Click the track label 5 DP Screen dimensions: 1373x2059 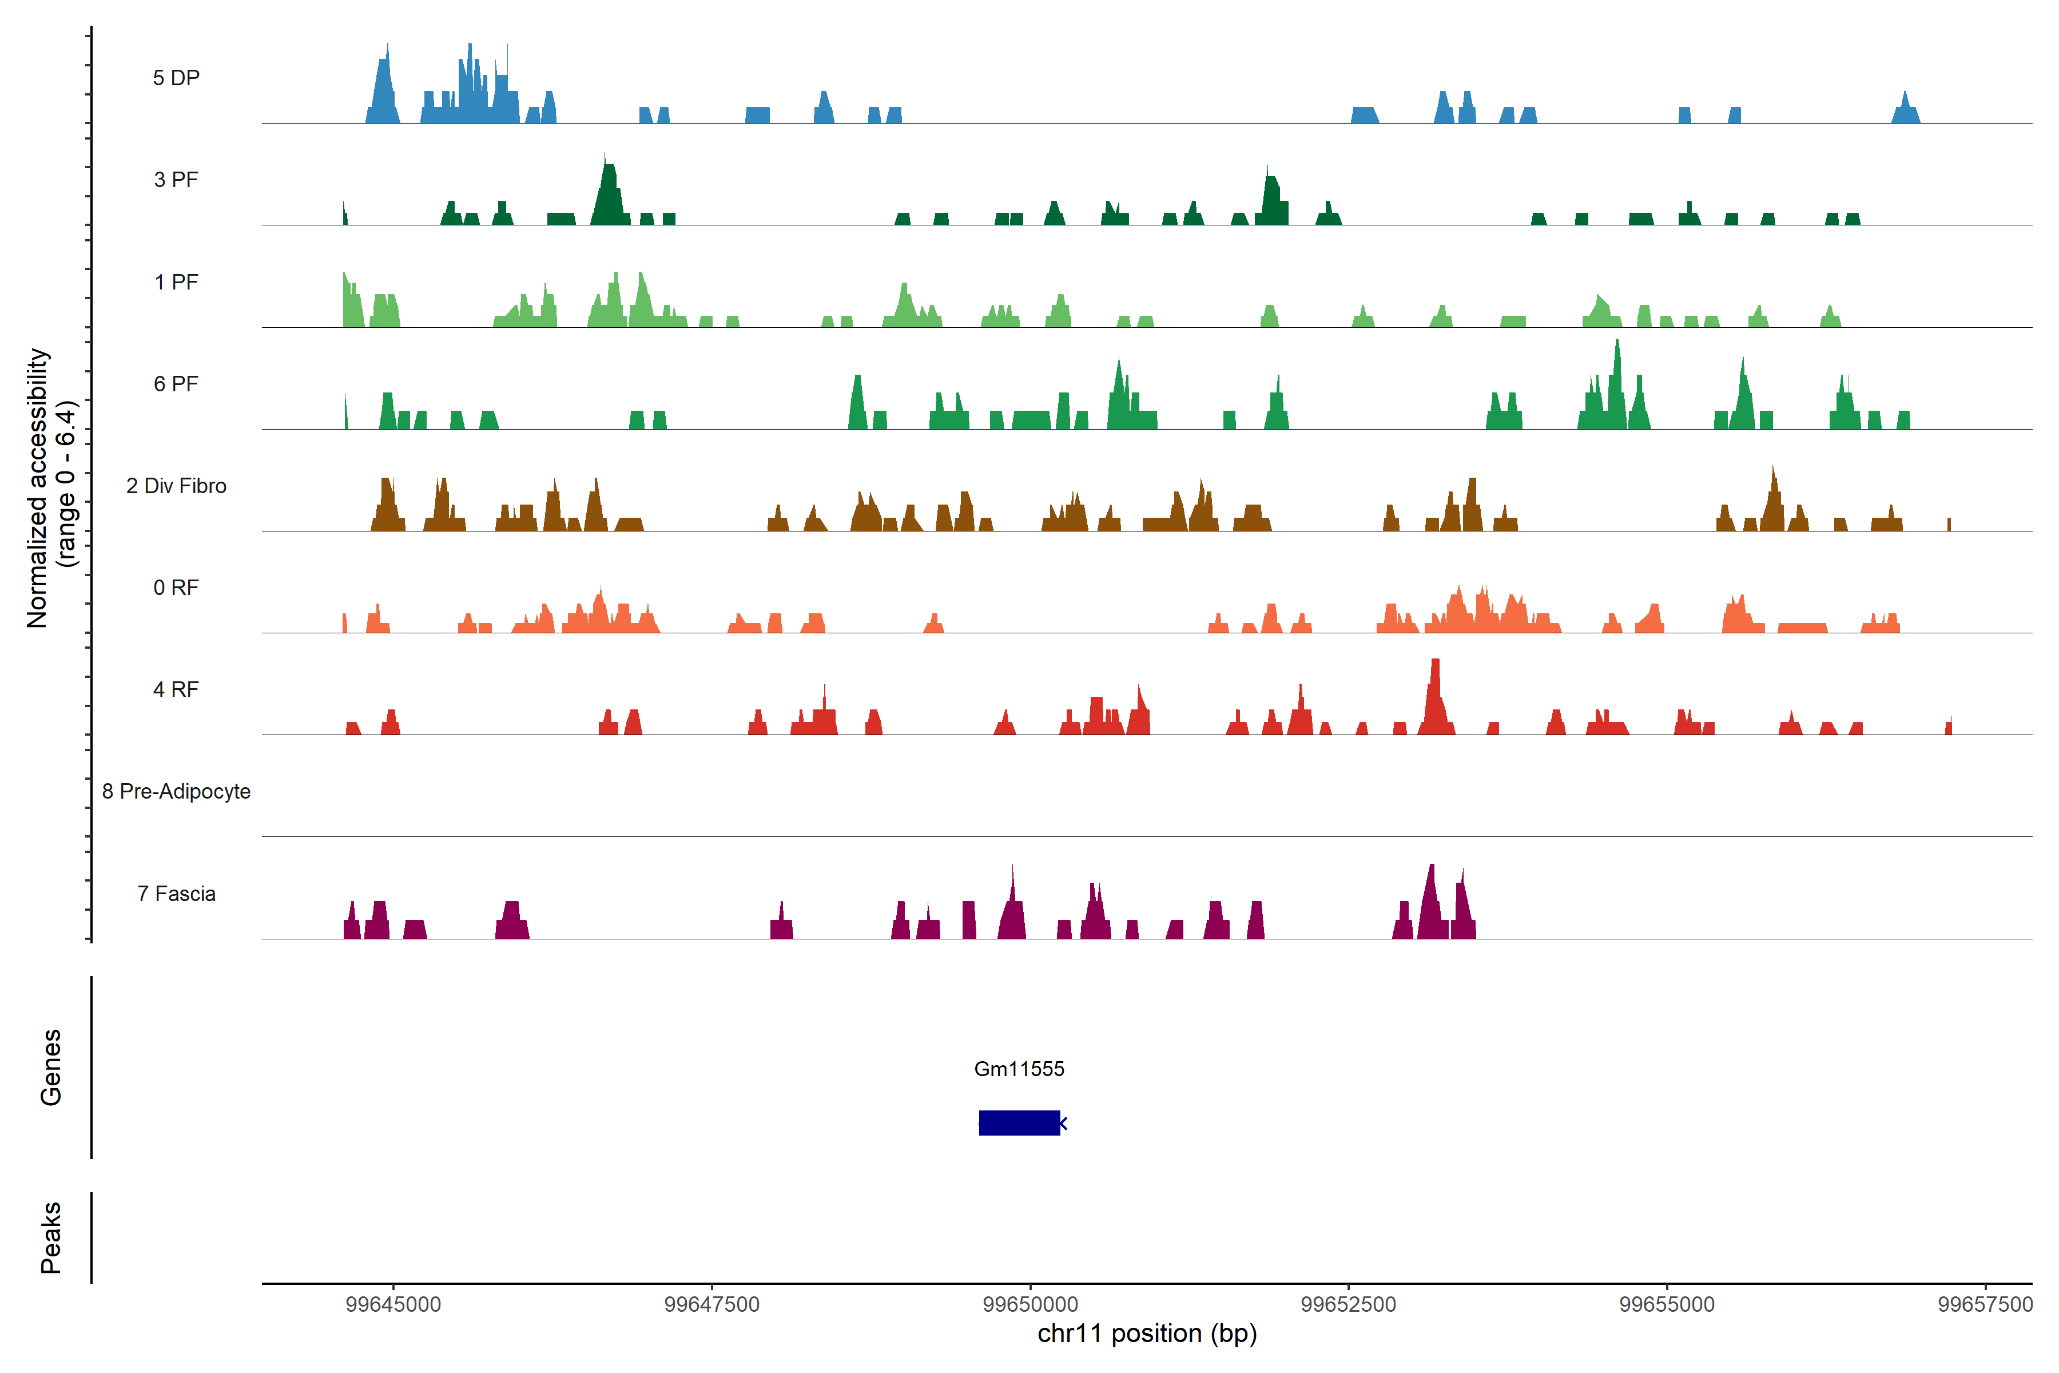click(x=176, y=78)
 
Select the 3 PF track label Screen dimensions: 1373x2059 click(x=176, y=180)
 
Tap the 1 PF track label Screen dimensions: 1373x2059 click(x=176, y=282)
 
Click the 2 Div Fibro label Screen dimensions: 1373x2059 click(x=176, y=486)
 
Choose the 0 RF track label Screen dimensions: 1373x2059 click(x=176, y=588)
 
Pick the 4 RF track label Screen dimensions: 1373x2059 click(x=176, y=689)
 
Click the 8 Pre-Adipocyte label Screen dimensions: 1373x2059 click(x=176, y=792)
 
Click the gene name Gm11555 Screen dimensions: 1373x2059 click(x=1019, y=1069)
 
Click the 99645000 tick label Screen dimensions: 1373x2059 click(x=393, y=1305)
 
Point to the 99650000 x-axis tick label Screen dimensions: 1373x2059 click(x=1031, y=1305)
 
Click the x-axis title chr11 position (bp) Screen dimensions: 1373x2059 click(x=1147, y=1334)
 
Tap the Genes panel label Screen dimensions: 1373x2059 click(x=51, y=1068)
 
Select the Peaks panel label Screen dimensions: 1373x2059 click(x=51, y=1237)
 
